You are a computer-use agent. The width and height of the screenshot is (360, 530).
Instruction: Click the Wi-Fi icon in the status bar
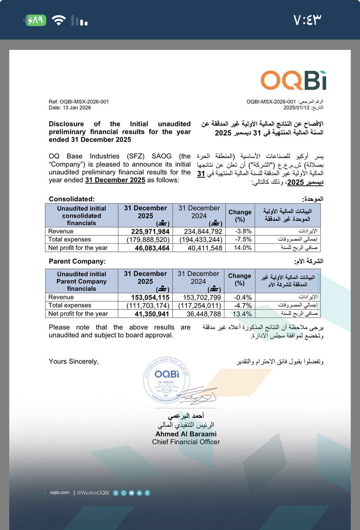(x=58, y=20)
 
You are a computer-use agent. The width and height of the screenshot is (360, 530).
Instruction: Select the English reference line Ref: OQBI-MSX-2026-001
(x=79, y=102)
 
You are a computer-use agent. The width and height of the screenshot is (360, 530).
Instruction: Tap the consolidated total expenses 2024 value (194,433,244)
(x=199, y=240)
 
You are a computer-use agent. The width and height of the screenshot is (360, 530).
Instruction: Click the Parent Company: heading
(x=78, y=261)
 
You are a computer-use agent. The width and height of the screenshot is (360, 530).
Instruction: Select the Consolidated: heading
(x=72, y=199)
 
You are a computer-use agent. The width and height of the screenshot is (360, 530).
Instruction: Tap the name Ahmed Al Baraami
(x=186, y=434)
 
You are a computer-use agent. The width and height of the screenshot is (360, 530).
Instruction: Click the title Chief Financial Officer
(x=186, y=442)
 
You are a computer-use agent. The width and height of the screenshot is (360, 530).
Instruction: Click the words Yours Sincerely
(x=74, y=362)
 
